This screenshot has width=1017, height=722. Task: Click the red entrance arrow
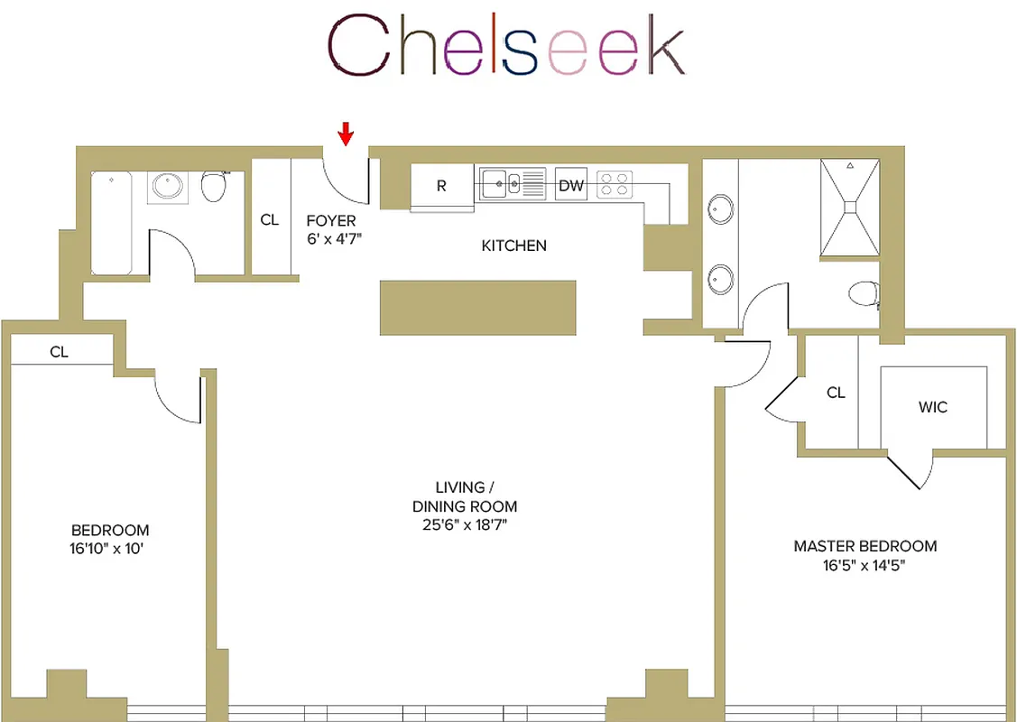346,134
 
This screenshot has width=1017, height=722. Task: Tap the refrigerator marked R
441,187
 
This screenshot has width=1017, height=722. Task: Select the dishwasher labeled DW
570,186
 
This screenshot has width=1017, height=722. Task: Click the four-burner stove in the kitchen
615,184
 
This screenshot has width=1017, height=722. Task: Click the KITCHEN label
513,245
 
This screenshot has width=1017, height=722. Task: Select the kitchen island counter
477,308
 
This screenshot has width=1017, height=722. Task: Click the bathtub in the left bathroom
111,223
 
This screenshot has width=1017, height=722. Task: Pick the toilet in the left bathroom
214,186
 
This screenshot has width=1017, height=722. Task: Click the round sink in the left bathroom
167,186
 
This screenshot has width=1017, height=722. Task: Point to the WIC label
932,407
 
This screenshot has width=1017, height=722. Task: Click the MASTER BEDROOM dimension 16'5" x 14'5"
864,566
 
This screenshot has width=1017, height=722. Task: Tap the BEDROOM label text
110,531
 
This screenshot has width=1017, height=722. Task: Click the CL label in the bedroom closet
59,352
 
